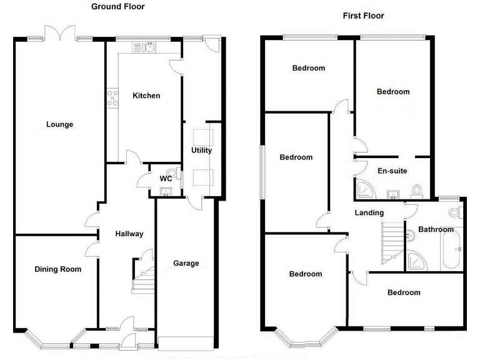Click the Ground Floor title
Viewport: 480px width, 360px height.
[117, 6]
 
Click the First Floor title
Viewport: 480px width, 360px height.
[363, 16]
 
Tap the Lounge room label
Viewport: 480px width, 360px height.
[59, 124]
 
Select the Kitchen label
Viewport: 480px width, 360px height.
[146, 96]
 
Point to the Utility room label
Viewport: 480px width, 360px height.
[202, 151]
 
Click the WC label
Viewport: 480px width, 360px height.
[166, 179]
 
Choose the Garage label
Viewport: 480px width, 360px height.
[186, 263]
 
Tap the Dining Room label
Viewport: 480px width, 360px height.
[58, 269]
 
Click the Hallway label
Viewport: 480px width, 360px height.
[129, 234]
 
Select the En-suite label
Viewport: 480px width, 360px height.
[391, 171]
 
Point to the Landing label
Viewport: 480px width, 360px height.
[369, 212]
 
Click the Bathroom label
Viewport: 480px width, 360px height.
[436, 229]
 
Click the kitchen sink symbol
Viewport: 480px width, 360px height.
[149, 47]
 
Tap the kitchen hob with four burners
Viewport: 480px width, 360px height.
[113, 97]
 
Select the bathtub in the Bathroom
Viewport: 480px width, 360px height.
[451, 250]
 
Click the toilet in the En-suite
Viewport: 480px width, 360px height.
[418, 189]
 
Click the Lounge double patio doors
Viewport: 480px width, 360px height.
[61, 34]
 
